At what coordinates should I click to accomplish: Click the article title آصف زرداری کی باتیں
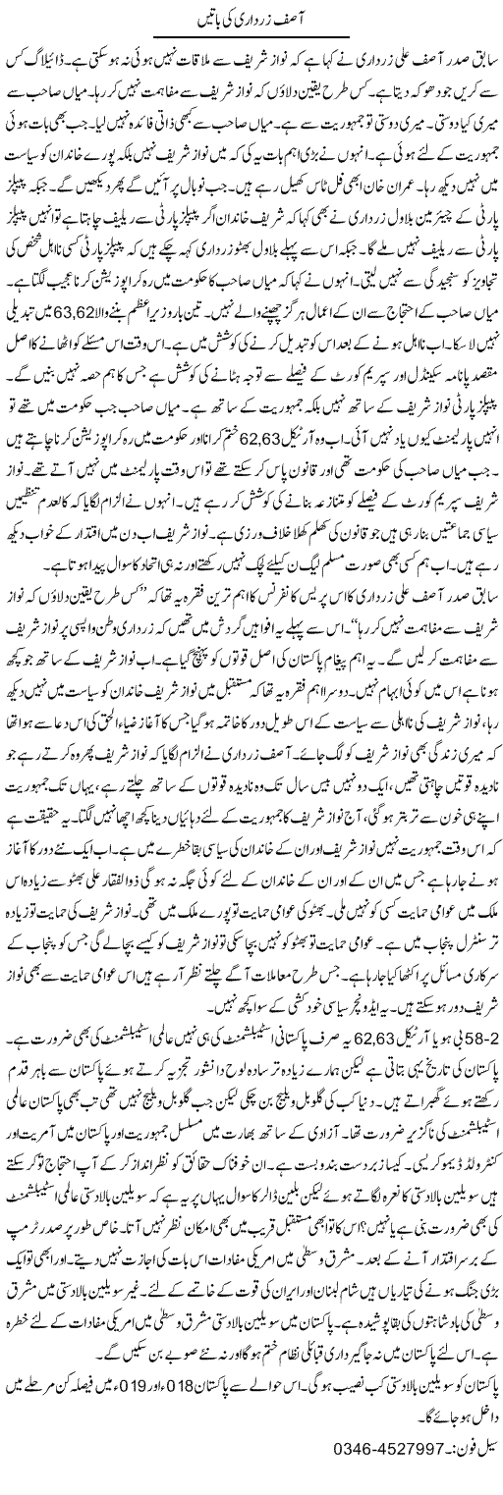251,19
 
